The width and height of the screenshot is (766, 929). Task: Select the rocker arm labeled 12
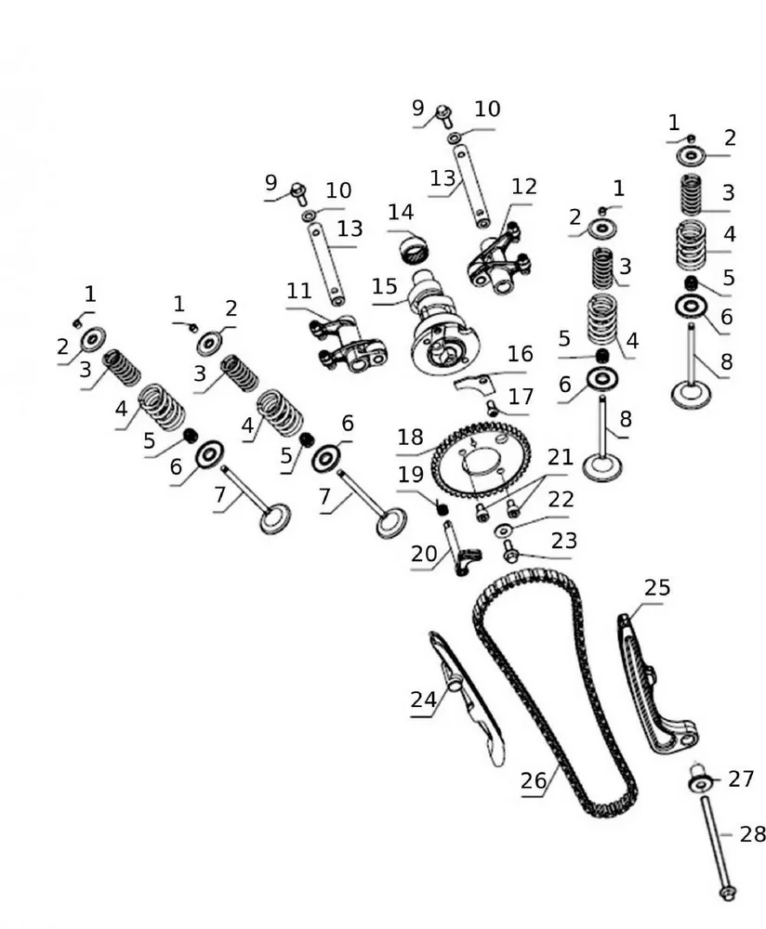[x=497, y=259]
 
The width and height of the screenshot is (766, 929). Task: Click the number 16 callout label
[x=521, y=354]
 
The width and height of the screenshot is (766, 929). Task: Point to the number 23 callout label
[x=563, y=541]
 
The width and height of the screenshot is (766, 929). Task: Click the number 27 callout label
[x=741, y=779]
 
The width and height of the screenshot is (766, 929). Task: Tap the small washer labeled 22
[x=505, y=530]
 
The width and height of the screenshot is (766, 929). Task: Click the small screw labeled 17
[x=493, y=407]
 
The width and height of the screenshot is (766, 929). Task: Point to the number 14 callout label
[x=401, y=212]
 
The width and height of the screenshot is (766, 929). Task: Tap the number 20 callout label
[x=424, y=555]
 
